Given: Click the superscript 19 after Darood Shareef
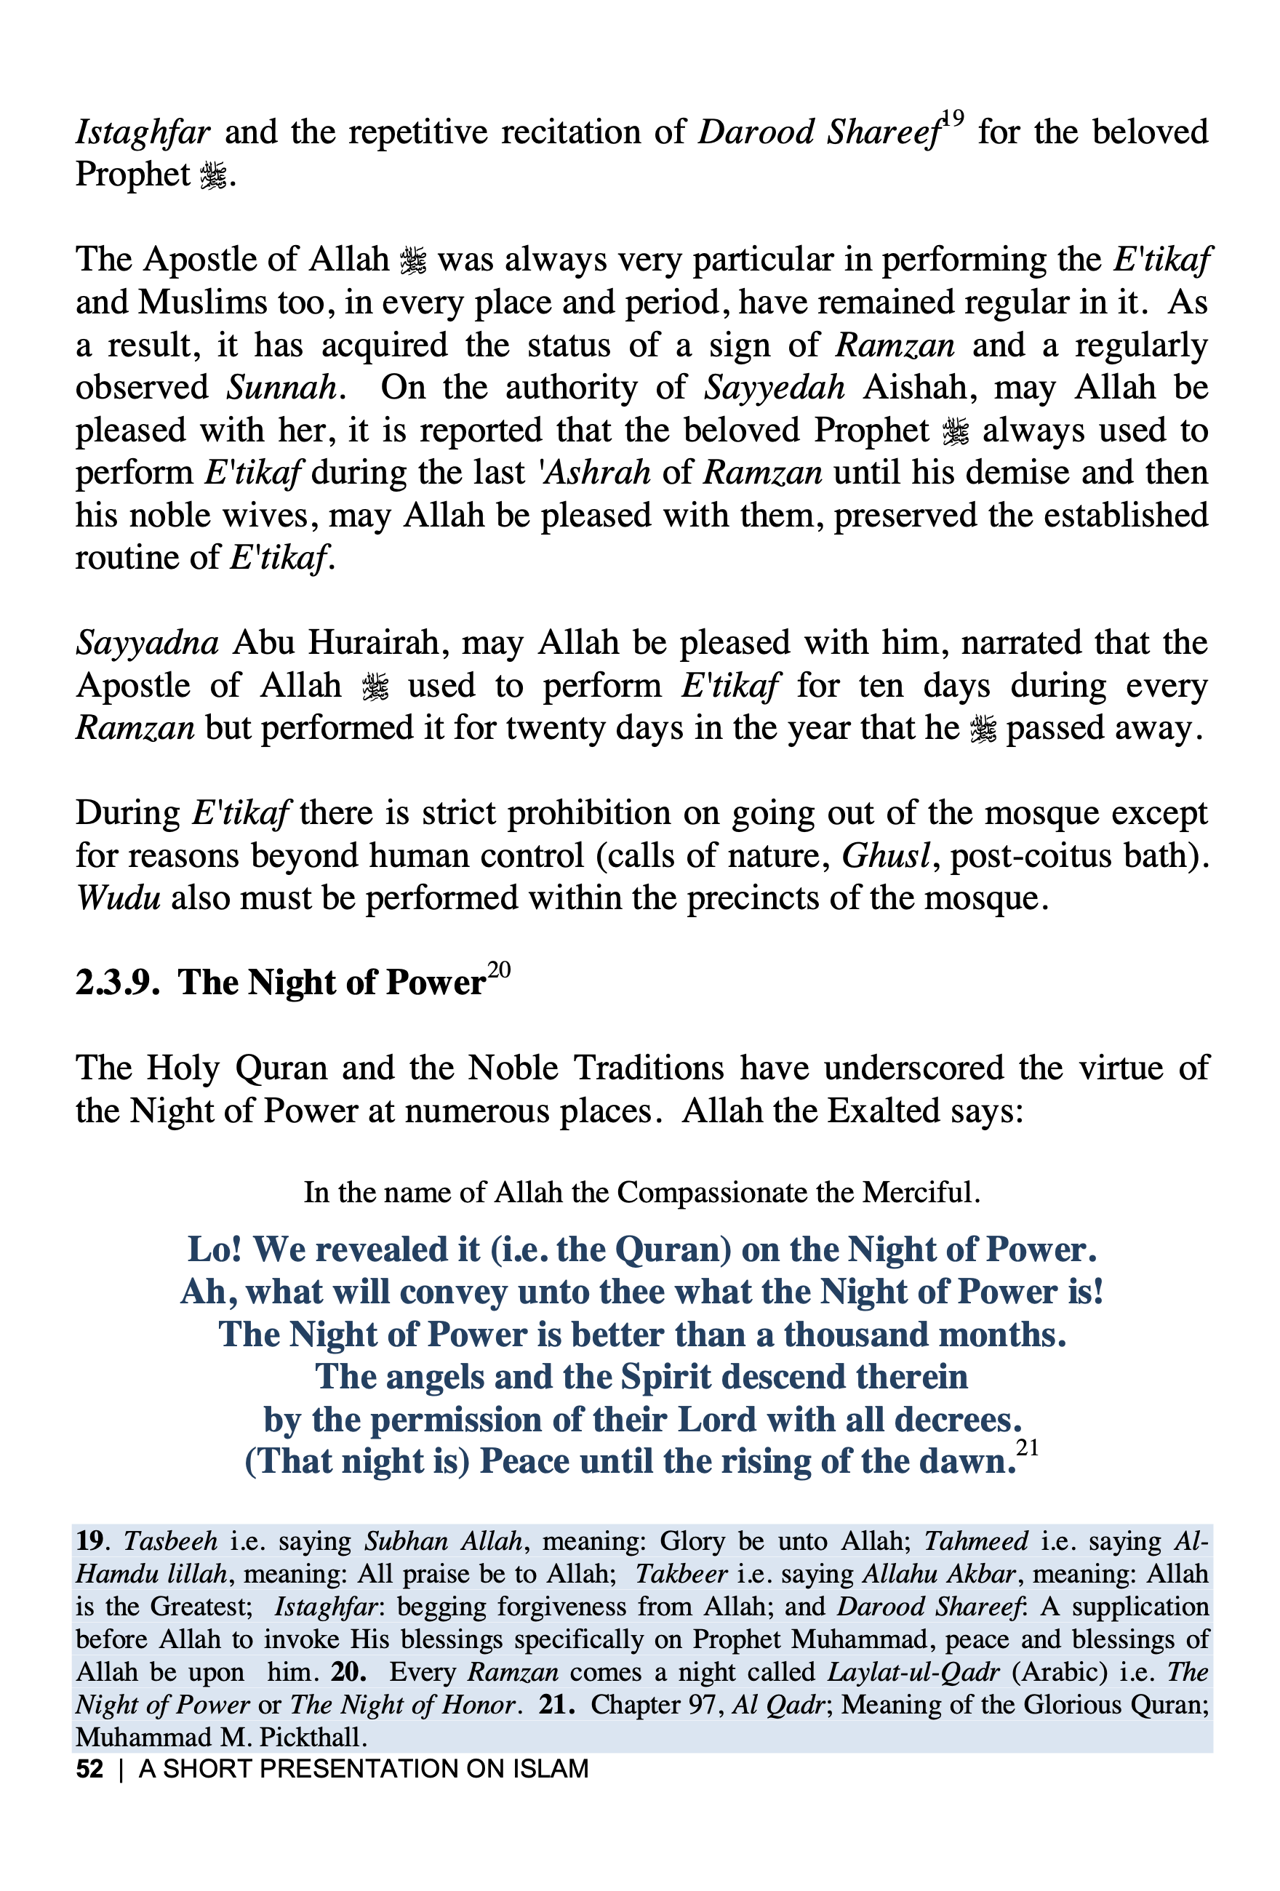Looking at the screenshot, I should pyautogui.click(x=953, y=119).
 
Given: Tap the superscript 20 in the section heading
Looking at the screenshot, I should pyautogui.click(x=499, y=970).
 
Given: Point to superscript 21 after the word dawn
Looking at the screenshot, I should pyautogui.click(x=1028, y=1447).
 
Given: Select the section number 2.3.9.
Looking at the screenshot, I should pyautogui.click(x=117, y=983).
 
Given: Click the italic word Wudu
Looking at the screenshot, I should pyautogui.click(x=118, y=898).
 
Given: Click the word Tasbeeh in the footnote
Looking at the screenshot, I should pyautogui.click(x=171, y=1541).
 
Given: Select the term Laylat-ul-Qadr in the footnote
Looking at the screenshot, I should pyautogui.click(x=913, y=1671).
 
